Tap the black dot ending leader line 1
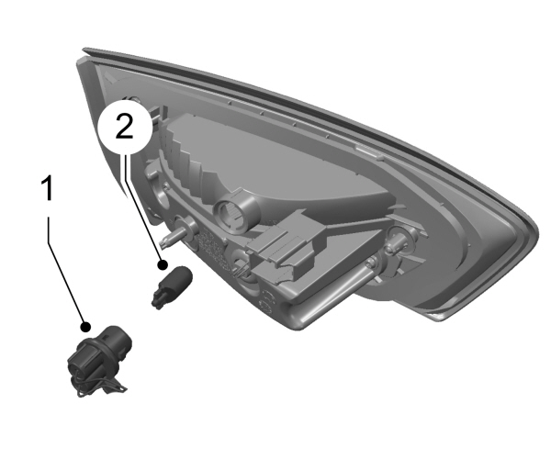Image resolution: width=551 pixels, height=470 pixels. [x=85, y=326]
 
